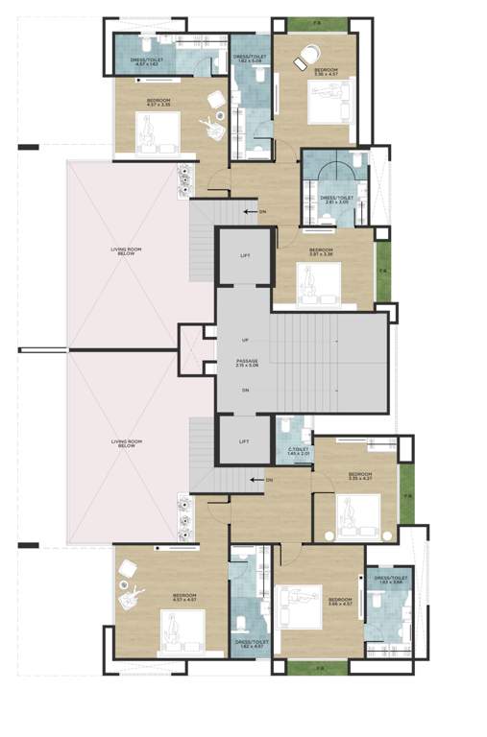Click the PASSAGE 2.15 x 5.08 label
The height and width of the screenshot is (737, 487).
click(246, 363)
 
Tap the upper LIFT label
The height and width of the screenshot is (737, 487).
click(246, 255)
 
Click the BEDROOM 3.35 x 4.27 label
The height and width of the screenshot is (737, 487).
click(360, 477)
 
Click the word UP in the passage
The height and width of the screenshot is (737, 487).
click(246, 341)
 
